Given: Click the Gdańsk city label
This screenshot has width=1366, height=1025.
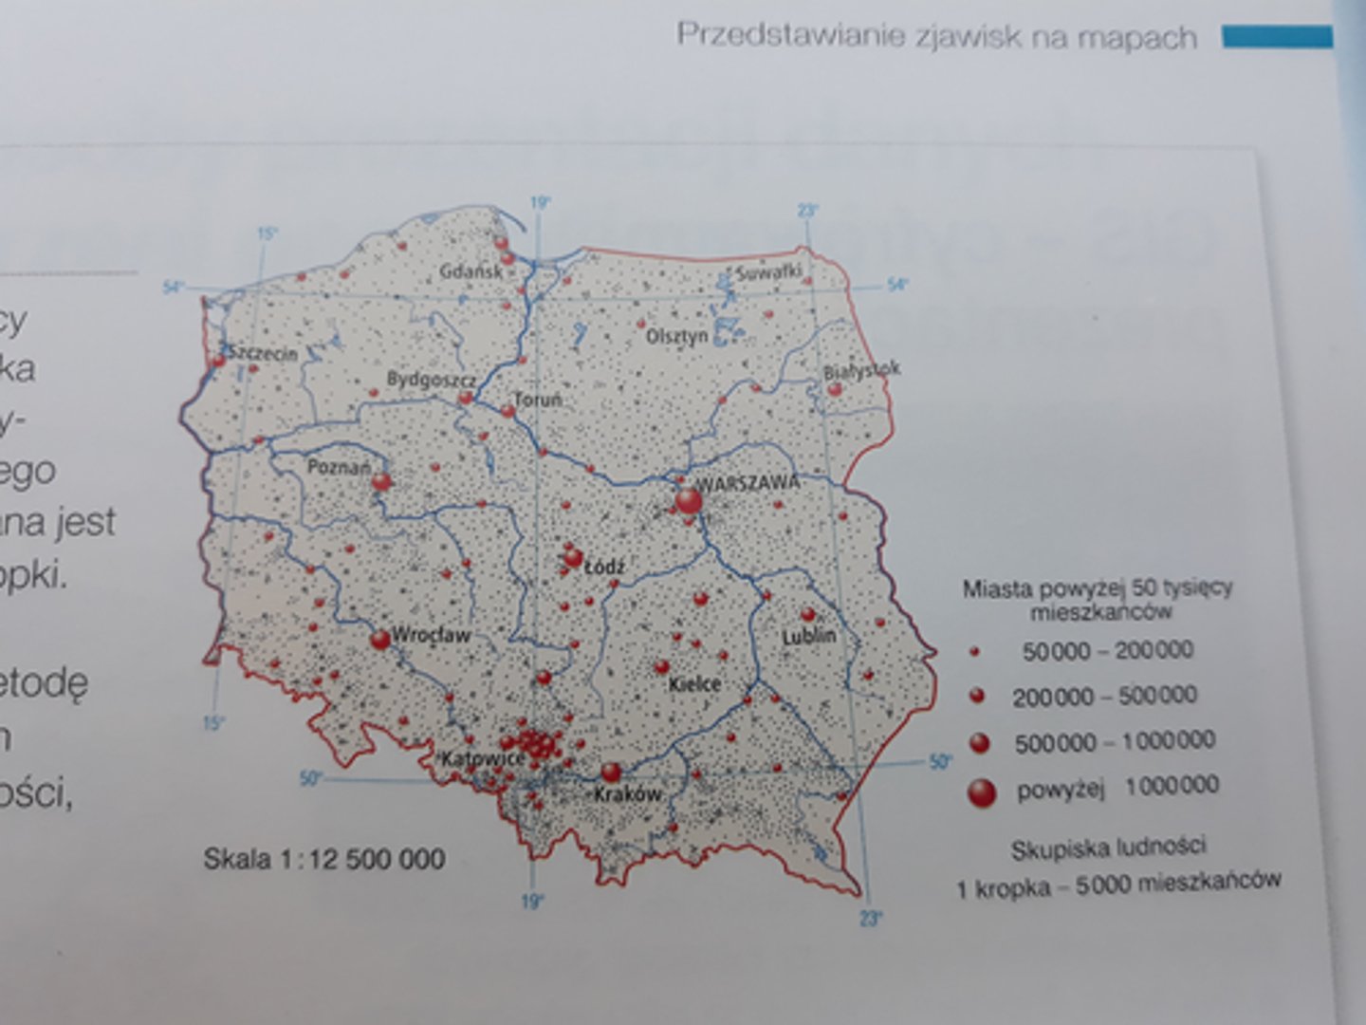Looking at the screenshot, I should click(471, 271).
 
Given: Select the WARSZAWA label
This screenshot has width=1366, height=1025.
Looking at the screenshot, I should click(748, 482).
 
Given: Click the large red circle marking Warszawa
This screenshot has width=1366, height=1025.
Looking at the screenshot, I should click(689, 501).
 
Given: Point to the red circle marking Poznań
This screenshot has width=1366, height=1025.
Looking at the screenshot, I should click(381, 482).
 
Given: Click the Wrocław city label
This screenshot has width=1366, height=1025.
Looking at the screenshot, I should click(432, 635).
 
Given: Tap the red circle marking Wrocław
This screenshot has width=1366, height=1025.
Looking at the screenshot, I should click(380, 640).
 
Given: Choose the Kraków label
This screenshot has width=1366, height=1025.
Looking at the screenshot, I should click(626, 793).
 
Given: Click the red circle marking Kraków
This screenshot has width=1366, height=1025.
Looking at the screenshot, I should click(612, 772).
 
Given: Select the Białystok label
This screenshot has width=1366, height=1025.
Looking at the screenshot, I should click(861, 369).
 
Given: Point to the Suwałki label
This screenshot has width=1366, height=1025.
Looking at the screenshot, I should click(768, 272).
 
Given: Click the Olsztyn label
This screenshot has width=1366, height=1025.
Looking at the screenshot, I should click(676, 336).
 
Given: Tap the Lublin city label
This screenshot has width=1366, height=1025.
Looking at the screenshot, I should click(809, 635).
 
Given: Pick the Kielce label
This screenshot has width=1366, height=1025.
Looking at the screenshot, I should click(694, 683).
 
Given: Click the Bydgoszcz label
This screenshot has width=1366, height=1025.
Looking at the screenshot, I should click(431, 380).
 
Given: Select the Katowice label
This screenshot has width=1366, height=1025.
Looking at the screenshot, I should click(482, 759).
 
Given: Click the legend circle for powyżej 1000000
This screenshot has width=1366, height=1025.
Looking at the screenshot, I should click(981, 791).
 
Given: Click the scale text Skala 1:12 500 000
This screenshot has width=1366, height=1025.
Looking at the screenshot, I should click(324, 859).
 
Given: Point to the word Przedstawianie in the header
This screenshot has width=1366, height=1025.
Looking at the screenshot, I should click(791, 36).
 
